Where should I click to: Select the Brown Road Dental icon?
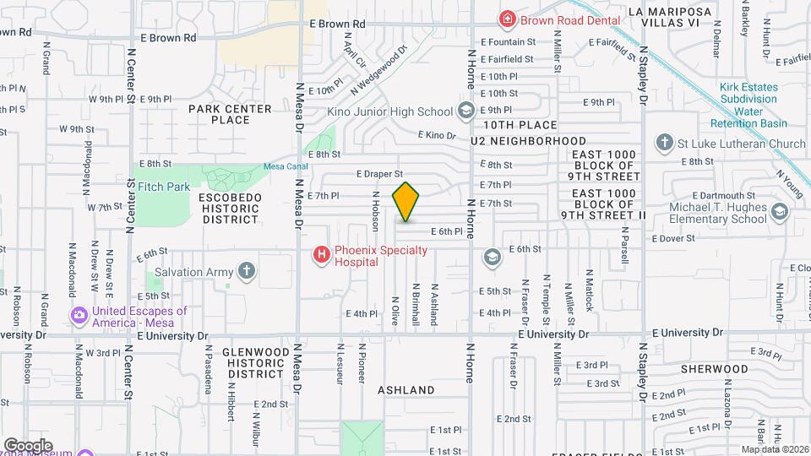click(507, 19)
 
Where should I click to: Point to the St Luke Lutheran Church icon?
click(665, 144)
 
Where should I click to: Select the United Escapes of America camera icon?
click(79, 317)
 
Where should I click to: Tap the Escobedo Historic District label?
click(230, 208)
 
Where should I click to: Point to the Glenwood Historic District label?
click(254, 362)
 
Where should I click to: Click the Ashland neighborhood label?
click(405, 390)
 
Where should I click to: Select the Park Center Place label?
click(230, 114)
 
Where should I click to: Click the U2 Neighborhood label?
click(529, 140)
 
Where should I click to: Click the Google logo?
click(28, 445)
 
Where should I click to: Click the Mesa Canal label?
click(280, 166)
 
